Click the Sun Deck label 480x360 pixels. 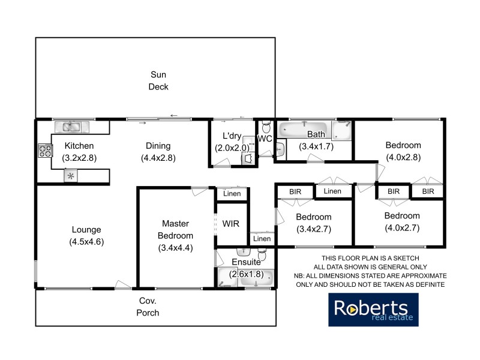pyautogui.click(x=159, y=80)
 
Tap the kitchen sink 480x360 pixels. pyautogui.click(x=71, y=127)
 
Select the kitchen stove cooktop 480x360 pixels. pyautogui.click(x=44, y=150)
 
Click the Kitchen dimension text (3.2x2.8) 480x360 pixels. pyautogui.click(x=79, y=158)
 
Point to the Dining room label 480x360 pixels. pyautogui.click(x=158, y=145)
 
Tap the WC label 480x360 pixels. pyautogui.click(x=265, y=139)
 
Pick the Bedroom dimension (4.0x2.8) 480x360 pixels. pyautogui.click(x=403, y=158)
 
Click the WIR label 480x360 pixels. pyautogui.click(x=230, y=223)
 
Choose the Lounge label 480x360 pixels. pyautogui.click(x=86, y=229)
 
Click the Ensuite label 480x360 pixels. pyautogui.click(x=246, y=262)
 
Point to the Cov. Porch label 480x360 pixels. pyautogui.click(x=149, y=307)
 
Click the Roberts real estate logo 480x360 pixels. pyautogui.click(x=373, y=310)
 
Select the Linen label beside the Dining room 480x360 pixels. pyautogui.click(x=232, y=194)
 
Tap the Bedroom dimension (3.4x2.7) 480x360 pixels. pyautogui.click(x=314, y=229)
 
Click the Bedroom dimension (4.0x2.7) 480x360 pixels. pyautogui.click(x=402, y=227)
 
